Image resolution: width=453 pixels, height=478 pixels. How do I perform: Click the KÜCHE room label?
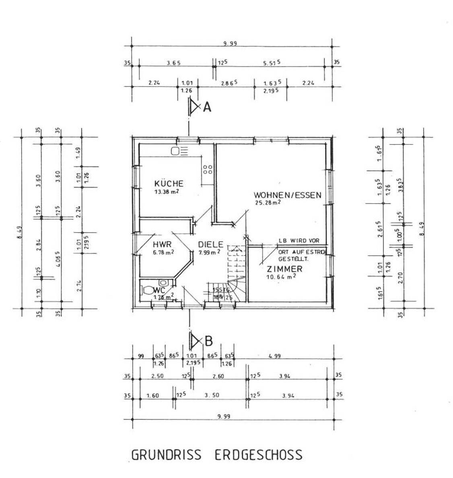(169, 183)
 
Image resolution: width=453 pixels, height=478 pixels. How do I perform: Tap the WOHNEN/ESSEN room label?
(287, 195)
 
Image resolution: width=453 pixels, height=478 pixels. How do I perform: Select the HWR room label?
(162, 244)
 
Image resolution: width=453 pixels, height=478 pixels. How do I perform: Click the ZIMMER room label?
(284, 269)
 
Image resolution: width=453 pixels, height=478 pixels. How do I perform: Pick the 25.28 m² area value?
(267, 202)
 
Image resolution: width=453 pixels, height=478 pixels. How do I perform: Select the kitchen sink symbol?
(179, 151)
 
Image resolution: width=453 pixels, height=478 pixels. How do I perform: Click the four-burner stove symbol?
(208, 169)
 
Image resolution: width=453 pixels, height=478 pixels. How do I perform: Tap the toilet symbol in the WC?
(148, 290)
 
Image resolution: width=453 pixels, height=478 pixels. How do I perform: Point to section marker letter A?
(207, 107)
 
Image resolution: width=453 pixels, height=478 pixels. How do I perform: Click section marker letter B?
(208, 341)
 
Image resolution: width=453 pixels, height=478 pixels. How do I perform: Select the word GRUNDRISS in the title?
(166, 455)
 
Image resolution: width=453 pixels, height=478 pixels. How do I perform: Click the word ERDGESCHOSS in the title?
(258, 455)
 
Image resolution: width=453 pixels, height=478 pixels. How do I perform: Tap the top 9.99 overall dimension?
(231, 43)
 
